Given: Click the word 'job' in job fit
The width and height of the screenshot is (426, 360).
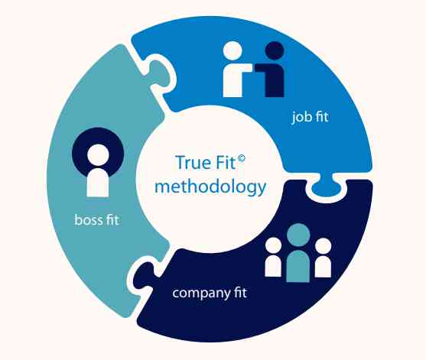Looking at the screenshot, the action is [300, 118].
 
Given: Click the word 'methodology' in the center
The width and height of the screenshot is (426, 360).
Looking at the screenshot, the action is [210, 188].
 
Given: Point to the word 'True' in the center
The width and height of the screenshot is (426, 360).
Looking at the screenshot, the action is [193, 162].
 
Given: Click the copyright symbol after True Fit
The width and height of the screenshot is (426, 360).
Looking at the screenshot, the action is [241, 158].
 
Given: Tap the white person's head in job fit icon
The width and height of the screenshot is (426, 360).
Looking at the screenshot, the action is [233, 51].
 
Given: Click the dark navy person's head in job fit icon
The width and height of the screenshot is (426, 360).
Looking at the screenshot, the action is [275, 51].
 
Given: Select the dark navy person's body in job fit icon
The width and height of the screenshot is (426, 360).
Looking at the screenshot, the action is [272, 79].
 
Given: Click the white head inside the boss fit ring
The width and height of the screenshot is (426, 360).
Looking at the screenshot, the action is [98, 155].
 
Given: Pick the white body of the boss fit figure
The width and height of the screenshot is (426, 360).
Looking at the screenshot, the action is [98, 183].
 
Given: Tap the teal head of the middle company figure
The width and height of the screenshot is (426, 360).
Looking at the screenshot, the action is [298, 235].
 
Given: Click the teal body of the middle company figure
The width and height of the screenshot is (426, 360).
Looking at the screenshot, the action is [298, 266].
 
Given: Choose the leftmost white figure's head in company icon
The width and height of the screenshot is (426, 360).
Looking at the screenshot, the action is [273, 245].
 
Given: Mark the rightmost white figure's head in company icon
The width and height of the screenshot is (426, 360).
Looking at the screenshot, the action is [323, 246].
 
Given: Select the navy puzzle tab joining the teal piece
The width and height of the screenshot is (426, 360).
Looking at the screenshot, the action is [144, 277].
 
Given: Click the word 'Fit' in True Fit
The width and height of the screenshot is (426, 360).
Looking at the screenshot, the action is [225, 162].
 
